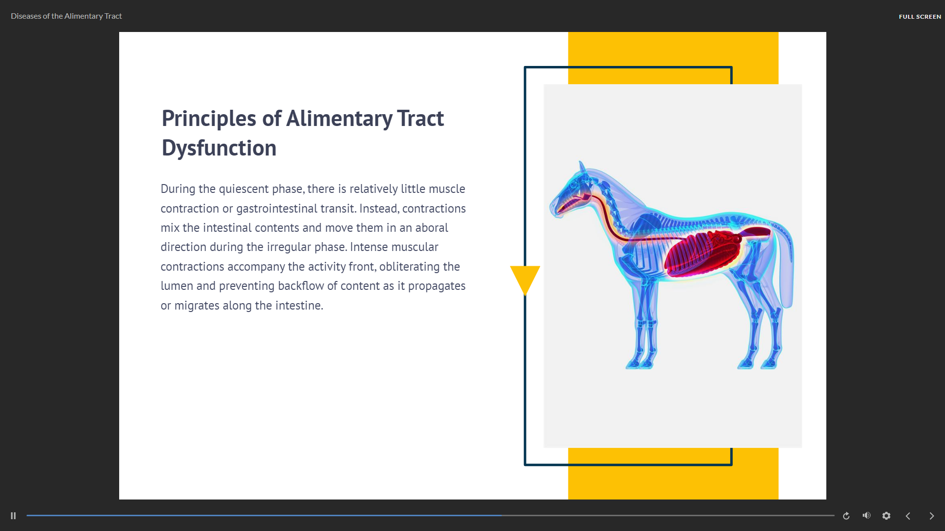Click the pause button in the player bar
coord(13,516)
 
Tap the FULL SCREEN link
coord(920,17)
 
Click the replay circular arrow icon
coord(846,516)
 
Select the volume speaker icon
coord(867,515)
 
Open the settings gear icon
coord(886,516)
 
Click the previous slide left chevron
coord(908,516)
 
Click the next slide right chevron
coord(932,516)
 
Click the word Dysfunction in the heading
coord(219,148)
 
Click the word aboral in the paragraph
coord(431,228)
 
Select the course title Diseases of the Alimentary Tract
coord(66,16)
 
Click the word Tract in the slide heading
coord(421,119)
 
